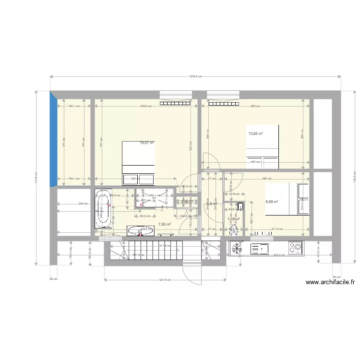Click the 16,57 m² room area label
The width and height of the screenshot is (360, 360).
tap(147, 143)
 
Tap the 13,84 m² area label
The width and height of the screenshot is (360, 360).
tap(255, 133)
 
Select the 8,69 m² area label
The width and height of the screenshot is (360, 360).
tap(272, 202)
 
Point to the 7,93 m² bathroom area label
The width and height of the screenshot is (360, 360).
tap(164, 224)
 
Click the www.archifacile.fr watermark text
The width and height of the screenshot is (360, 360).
tap(330, 283)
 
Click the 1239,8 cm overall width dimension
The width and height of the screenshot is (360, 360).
tap(195, 76)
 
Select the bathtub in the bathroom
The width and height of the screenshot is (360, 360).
tap(103, 209)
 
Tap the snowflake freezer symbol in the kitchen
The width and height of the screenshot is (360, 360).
tap(237, 249)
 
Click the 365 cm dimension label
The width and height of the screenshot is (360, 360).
tap(265, 179)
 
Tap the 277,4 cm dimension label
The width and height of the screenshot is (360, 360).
tap(278, 229)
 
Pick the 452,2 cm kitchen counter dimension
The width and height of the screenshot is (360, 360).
tap(278, 255)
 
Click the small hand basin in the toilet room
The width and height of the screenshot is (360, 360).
tap(240, 207)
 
